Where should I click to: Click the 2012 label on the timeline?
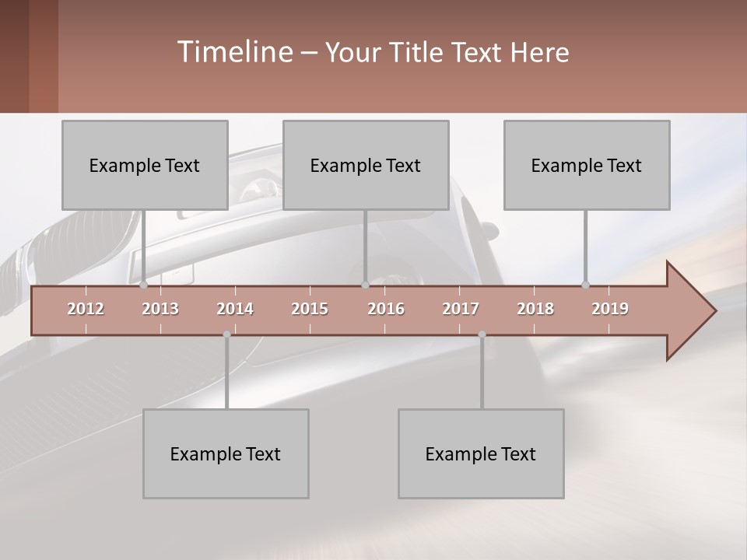(x=86, y=309)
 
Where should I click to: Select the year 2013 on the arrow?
(x=160, y=309)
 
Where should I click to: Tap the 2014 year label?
(x=235, y=309)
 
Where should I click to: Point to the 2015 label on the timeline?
(x=310, y=309)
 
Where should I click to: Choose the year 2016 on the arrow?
(x=386, y=309)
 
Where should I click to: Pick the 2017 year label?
(x=461, y=309)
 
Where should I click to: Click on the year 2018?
(x=535, y=309)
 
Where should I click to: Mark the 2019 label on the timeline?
(x=610, y=309)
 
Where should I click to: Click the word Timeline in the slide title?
(x=233, y=51)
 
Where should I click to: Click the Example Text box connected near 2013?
(x=145, y=165)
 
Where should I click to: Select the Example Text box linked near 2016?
(x=366, y=165)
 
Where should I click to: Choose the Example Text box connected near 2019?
(x=587, y=165)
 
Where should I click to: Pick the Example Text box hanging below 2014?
(x=226, y=453)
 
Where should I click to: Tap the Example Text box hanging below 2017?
(x=481, y=453)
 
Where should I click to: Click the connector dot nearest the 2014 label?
(x=226, y=334)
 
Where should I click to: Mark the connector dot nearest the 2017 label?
(x=482, y=334)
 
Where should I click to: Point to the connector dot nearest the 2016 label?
(x=365, y=285)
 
